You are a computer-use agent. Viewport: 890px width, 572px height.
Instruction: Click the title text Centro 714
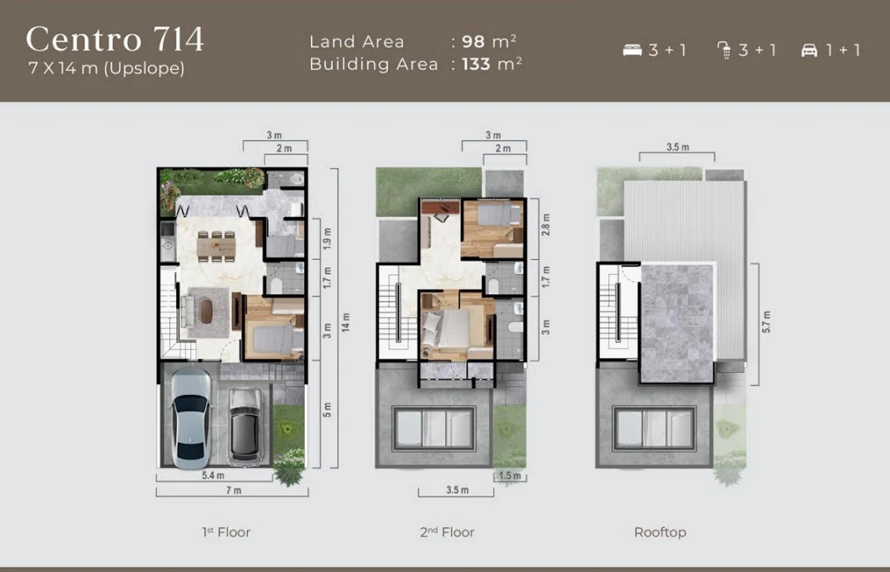pyautogui.click(x=115, y=40)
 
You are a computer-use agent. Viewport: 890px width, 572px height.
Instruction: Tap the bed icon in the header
pyautogui.click(x=632, y=50)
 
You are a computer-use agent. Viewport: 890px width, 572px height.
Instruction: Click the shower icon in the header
pyautogui.click(x=723, y=50)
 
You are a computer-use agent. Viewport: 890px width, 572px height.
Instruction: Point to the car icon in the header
pyautogui.click(x=809, y=50)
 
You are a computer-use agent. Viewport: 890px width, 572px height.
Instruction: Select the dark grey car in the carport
pyautogui.click(x=244, y=424)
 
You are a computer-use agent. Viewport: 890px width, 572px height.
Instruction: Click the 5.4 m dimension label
pyautogui.click(x=211, y=476)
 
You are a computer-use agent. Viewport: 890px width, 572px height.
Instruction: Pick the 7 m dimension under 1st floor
pyautogui.click(x=233, y=490)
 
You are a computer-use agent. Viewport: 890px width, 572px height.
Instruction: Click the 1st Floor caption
pyautogui.click(x=226, y=532)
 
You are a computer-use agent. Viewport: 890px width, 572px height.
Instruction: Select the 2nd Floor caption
pyautogui.click(x=447, y=532)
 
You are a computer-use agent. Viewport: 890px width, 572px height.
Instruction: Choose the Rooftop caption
pyautogui.click(x=660, y=532)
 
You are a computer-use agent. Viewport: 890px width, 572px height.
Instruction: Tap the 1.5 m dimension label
pyautogui.click(x=509, y=476)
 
